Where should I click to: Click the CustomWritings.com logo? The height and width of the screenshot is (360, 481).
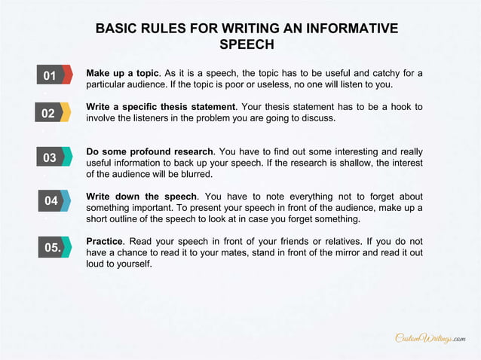tap(430, 339)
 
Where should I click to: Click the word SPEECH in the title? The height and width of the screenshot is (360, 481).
tap(247, 45)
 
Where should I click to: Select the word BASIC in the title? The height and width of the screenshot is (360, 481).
tap(117, 29)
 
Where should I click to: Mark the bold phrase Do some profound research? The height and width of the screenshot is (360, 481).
tap(150, 151)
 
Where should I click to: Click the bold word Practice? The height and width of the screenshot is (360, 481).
tap(104, 241)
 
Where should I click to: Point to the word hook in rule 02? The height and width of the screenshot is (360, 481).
tap(395, 107)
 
